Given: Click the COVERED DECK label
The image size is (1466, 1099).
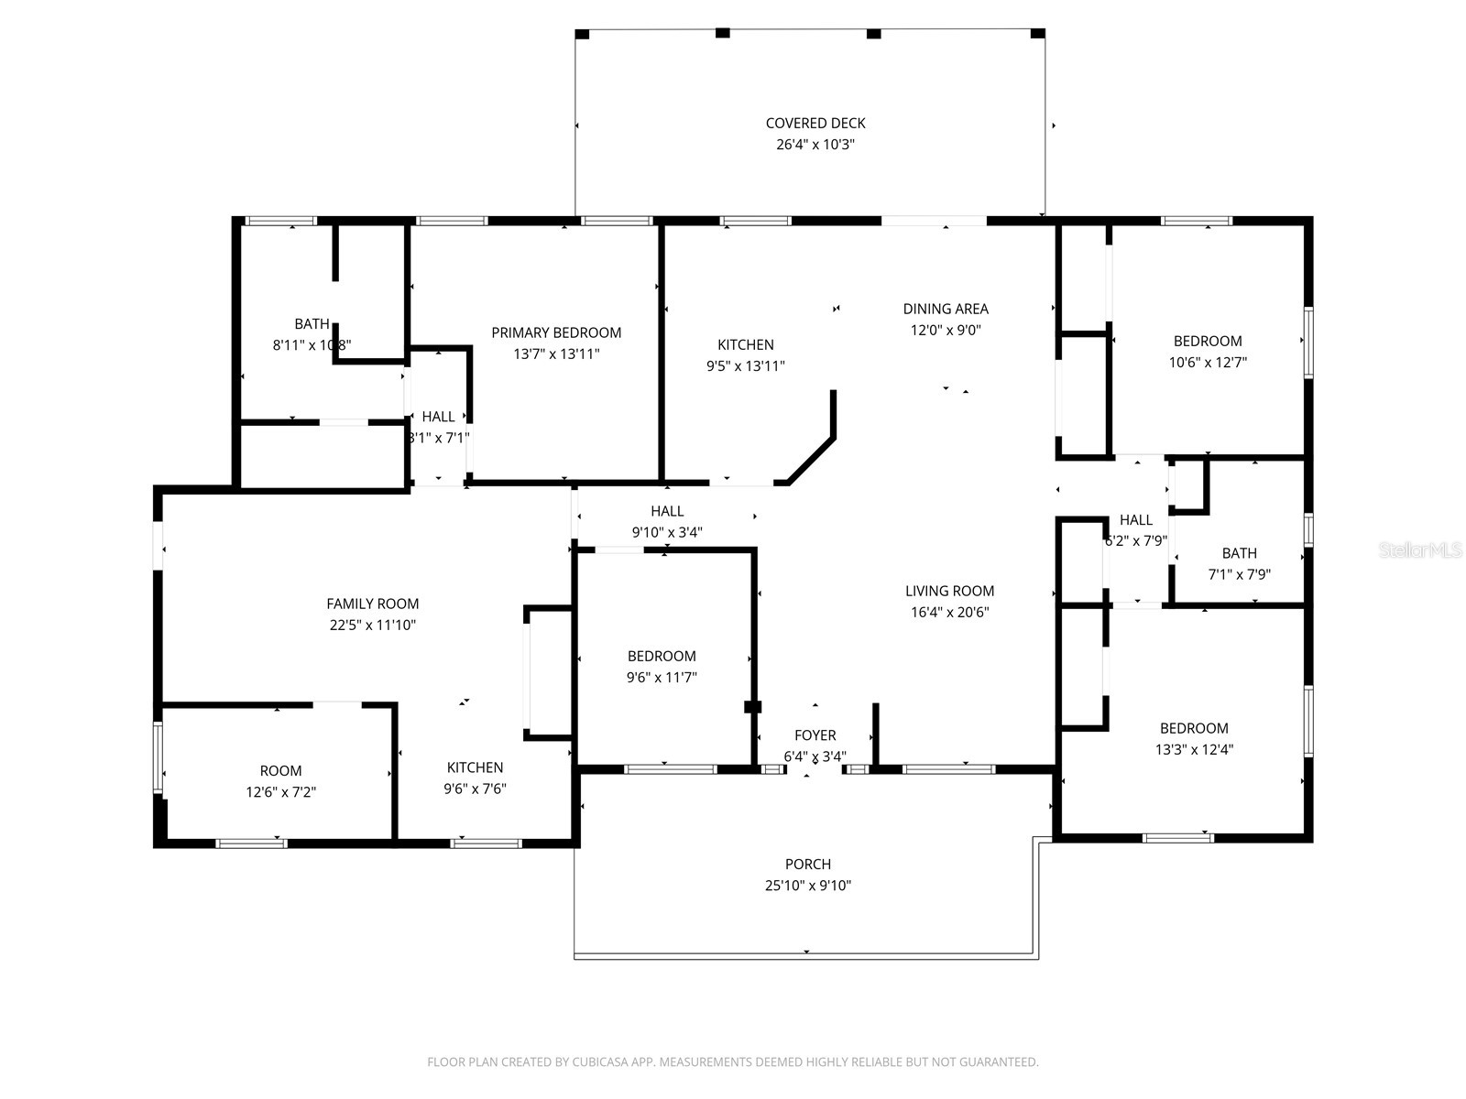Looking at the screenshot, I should pos(815,123).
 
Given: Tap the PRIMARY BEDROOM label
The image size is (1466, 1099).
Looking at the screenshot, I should pos(556,332).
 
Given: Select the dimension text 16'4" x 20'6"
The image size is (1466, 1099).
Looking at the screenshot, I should pos(949,613).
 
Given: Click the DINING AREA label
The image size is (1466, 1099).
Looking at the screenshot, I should pos(946,309).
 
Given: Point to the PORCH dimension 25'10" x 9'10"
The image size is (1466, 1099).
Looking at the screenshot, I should pos(808,886).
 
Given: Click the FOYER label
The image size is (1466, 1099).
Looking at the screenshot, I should pos(815,735).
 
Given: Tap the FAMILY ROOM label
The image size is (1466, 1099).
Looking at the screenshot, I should pos(373,604).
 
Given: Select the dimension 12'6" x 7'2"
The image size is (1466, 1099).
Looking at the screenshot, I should pos(280,792).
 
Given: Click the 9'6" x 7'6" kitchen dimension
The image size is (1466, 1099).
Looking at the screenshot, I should pos(475,789).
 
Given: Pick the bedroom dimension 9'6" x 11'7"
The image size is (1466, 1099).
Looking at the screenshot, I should pos(662,678).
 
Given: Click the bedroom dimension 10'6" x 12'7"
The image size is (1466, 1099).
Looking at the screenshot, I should pos(1208,362).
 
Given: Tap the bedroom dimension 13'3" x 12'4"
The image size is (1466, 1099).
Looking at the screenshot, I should pos(1194,749).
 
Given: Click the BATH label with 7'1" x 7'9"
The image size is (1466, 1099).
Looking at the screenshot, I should pos(1239,553).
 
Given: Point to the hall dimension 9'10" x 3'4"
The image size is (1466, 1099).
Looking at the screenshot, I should pos(667,532).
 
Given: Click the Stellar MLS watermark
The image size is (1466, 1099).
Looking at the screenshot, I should pos(1421,550).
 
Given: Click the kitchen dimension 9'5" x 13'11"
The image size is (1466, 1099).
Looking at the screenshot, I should pos(745,365).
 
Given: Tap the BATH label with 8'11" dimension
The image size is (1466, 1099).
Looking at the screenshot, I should pos(312,324).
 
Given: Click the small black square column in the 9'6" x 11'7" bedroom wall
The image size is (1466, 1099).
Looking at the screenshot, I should pos(752,706).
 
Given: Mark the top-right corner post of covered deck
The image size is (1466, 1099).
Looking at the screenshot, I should pos(1038,34).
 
